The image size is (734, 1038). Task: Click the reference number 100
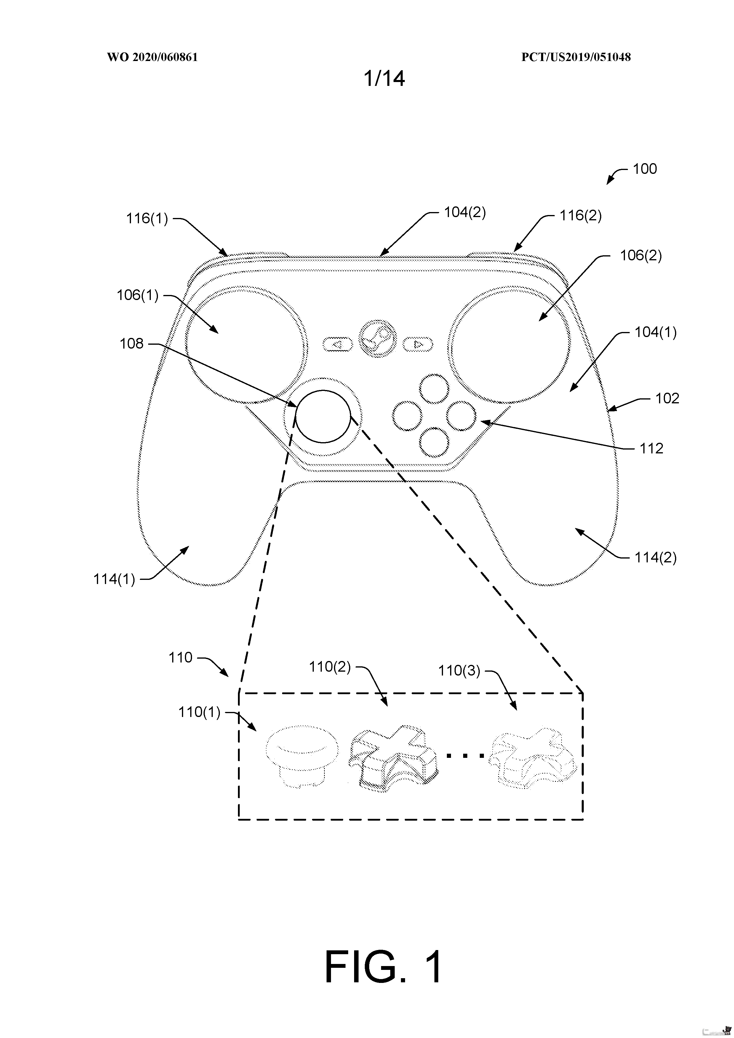coord(645,169)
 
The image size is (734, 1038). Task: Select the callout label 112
coord(651,448)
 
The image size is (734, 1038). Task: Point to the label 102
coord(668,398)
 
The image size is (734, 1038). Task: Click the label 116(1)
coord(147,219)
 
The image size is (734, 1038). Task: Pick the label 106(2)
coord(641,256)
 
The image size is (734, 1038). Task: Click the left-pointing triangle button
coord(338,344)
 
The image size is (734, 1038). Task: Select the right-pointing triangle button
coord(418,344)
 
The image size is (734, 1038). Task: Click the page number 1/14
coord(384,79)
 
